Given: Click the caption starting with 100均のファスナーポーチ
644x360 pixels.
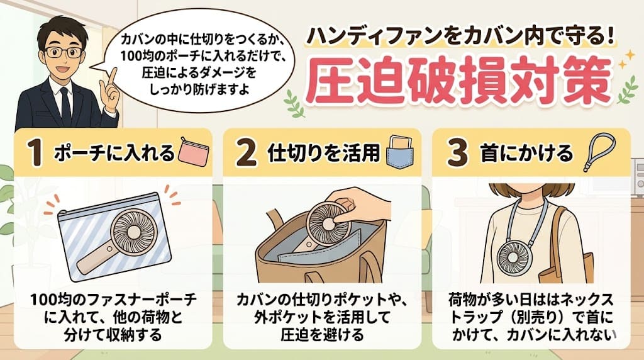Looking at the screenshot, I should click(x=113, y=316).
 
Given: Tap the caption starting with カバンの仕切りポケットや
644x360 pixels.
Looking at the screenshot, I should click(x=322, y=316).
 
